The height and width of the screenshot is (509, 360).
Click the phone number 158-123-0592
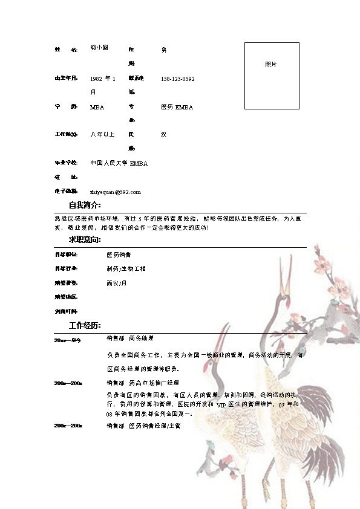coord(177,79)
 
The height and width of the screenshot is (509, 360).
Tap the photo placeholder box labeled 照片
coord(272,76)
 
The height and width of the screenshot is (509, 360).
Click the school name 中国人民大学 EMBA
coord(119,163)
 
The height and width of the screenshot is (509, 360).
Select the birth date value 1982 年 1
coord(102,79)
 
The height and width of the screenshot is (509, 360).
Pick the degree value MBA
coord(97,107)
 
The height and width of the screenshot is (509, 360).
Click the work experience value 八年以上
coord(102,134)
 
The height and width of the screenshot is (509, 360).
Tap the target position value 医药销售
coord(119,254)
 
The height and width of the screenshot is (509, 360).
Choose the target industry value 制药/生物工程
coord(126,268)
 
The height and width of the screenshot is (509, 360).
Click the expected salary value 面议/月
coord(117,283)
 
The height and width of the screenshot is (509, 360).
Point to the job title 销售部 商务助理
coord(130,339)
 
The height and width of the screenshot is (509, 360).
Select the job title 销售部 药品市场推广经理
coord(142,383)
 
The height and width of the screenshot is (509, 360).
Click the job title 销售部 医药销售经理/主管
coord(143,426)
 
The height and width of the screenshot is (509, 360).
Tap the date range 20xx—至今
coord(67,340)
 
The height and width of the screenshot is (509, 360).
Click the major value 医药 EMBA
coord(177,107)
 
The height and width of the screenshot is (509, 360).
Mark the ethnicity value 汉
coord(163,134)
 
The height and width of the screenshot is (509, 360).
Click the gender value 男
coord(164,50)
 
